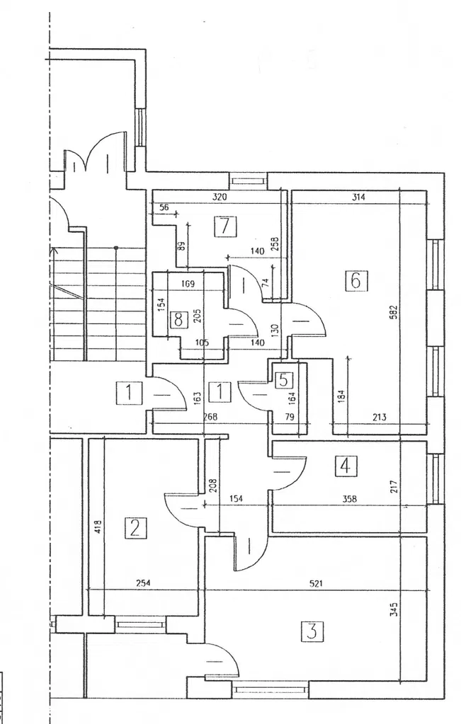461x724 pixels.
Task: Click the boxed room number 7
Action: [224, 227]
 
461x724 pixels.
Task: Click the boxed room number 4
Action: [345, 466]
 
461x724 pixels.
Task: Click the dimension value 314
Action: [358, 198]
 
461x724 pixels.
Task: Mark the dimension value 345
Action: [394, 608]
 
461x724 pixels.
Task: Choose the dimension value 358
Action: [349, 499]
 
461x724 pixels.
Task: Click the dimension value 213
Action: [379, 418]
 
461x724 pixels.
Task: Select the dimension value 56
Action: [164, 207]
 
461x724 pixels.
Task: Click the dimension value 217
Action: [395, 486]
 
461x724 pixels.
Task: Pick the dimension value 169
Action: [188, 284]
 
